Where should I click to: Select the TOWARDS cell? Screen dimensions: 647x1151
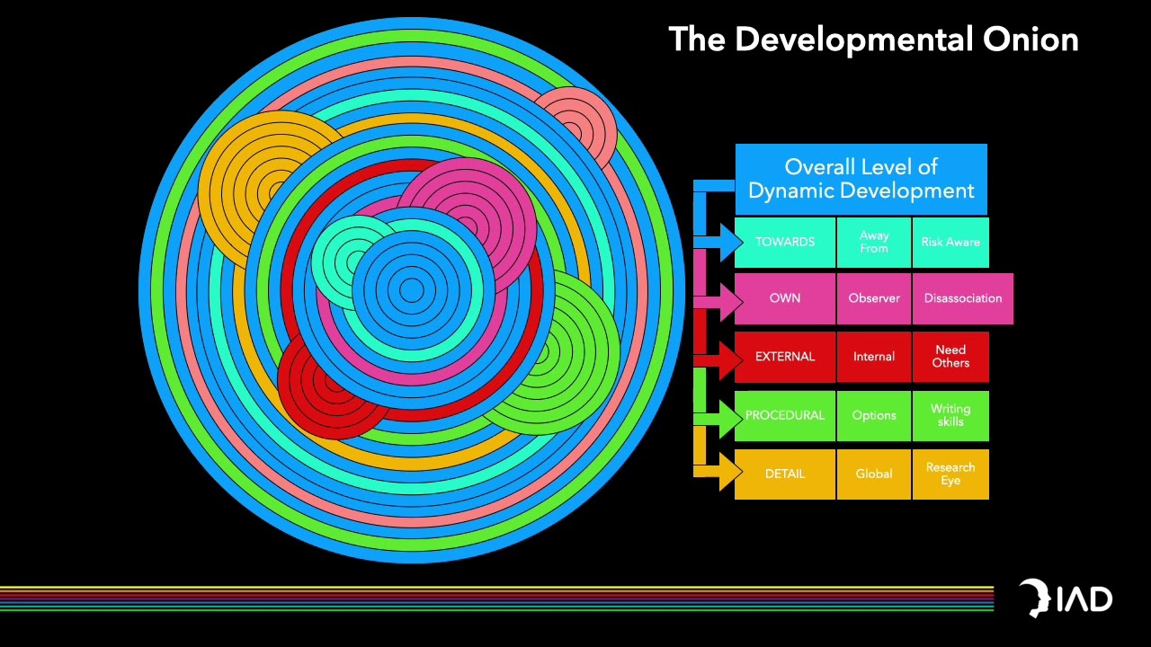[x=785, y=242]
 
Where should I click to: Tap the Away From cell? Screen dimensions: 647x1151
[x=873, y=242]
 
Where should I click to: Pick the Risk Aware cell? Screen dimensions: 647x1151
[x=950, y=242]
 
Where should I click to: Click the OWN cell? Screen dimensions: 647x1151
[x=785, y=298]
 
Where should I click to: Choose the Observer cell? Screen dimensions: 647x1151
[x=873, y=298]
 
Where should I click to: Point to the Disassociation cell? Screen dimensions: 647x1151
[x=962, y=298]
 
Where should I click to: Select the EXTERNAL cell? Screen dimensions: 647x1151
[x=785, y=357]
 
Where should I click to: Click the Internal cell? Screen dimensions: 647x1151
[x=873, y=357]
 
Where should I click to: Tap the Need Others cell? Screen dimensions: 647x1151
[x=950, y=357]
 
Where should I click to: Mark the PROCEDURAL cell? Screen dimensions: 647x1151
[x=785, y=415]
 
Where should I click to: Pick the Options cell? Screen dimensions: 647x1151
[x=873, y=415]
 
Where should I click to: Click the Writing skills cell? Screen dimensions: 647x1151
[x=950, y=415]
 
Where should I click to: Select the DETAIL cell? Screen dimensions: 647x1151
[x=785, y=474]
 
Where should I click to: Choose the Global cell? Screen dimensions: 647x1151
[x=873, y=474]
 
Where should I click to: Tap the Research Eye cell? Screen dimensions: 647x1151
[x=950, y=474]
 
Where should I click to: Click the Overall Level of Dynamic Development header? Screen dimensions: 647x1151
[x=861, y=179]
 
